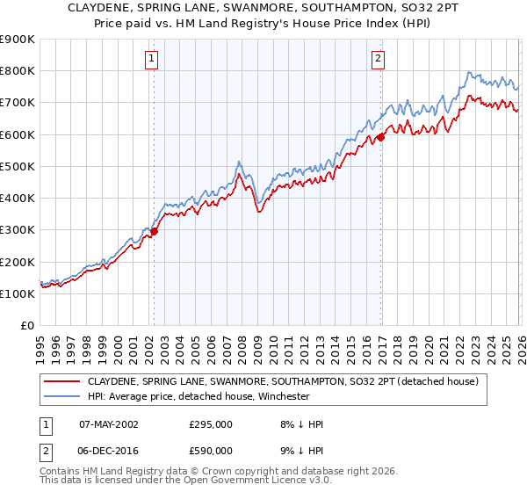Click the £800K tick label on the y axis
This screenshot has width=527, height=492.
(18, 71)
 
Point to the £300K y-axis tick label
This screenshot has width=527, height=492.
(18, 230)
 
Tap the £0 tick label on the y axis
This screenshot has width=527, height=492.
(26, 326)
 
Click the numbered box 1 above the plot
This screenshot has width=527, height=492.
(152, 59)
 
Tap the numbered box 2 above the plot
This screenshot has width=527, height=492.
(378, 59)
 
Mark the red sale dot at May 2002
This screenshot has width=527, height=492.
(154, 232)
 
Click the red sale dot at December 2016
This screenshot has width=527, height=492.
(381, 137)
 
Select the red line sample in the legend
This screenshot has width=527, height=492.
(62, 382)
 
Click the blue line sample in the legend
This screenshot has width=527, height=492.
(62, 397)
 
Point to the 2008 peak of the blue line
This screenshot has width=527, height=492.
(239, 163)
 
